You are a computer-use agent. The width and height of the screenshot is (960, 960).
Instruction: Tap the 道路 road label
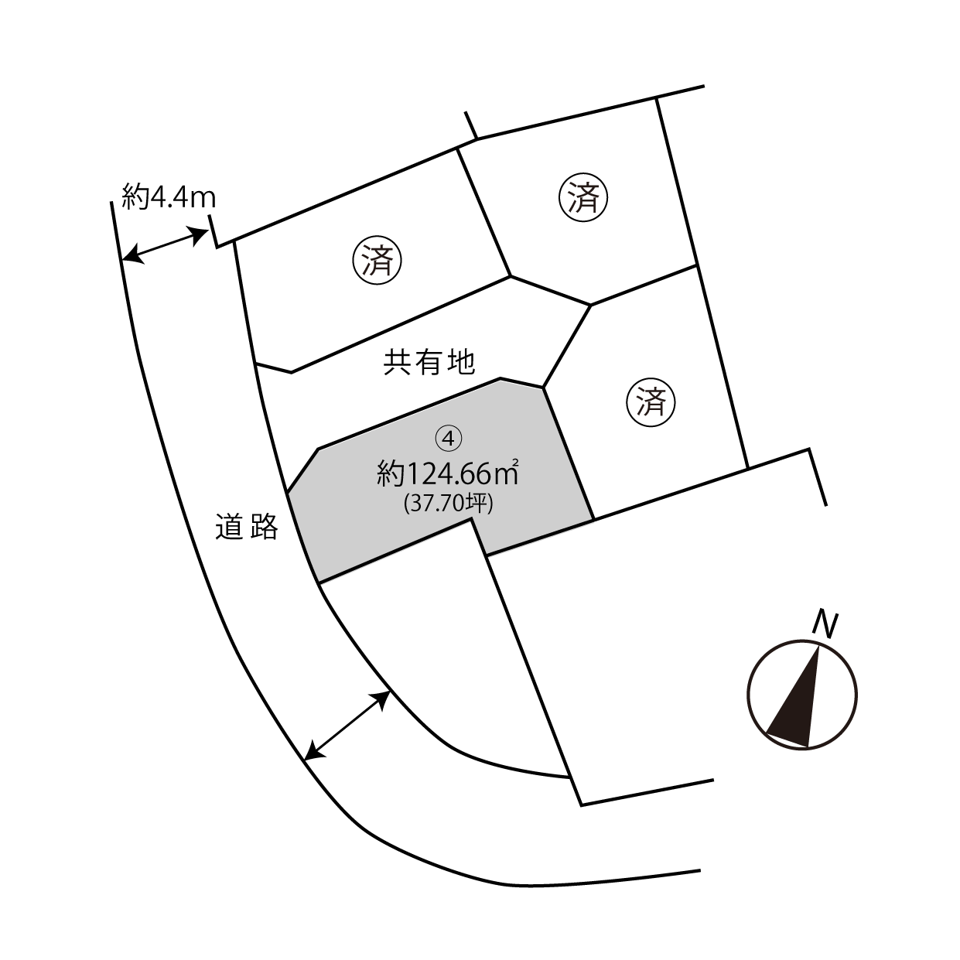pyautogui.click(x=247, y=526)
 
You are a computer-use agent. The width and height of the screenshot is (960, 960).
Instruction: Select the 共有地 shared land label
pyautogui.click(x=429, y=362)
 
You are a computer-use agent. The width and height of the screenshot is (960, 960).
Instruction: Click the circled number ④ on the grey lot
pyautogui.click(x=449, y=439)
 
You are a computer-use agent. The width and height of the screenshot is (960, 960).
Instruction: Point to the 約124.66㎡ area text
pyautogui.click(x=448, y=473)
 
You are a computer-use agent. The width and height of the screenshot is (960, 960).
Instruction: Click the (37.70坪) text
pyautogui.click(x=449, y=504)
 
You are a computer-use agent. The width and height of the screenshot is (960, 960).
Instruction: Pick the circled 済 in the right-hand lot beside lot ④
pyautogui.click(x=651, y=401)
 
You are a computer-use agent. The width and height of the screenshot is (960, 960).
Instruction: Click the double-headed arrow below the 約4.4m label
pyautogui.click(x=165, y=244)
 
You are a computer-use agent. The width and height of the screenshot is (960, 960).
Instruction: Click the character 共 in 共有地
pyautogui.click(x=397, y=362)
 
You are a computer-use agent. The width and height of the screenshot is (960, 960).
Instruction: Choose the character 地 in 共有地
pyautogui.click(x=461, y=362)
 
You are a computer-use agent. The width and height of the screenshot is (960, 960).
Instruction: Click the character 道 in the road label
pyautogui.click(x=230, y=526)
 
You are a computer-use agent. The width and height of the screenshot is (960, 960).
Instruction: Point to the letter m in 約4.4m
pyautogui.click(x=203, y=200)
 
